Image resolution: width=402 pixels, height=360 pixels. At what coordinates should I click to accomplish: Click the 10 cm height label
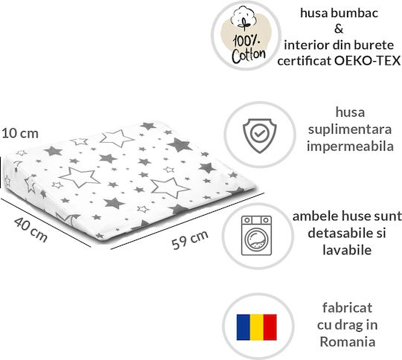20,133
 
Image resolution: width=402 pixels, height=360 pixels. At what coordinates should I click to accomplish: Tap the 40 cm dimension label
31,230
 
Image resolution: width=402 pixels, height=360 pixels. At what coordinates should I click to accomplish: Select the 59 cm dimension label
190,240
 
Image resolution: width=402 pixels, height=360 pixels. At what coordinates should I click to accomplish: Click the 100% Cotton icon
246,35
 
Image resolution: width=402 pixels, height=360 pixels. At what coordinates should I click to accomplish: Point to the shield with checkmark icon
260,135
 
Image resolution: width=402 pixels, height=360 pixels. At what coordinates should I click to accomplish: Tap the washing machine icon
256,235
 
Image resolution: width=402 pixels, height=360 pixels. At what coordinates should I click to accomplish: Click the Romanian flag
257,327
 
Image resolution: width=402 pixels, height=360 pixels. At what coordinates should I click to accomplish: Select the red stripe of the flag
270,327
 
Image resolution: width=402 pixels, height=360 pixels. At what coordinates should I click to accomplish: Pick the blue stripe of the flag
243,327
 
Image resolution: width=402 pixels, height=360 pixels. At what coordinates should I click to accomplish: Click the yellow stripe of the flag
257,327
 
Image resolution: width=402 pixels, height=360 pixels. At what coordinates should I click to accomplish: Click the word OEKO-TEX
368,61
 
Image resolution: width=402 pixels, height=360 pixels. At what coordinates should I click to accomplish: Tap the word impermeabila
350,147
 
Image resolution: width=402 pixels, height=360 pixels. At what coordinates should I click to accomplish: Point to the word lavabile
347,250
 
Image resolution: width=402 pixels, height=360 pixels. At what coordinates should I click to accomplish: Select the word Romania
348,342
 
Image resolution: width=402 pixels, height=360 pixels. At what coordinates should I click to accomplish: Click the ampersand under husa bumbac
339,29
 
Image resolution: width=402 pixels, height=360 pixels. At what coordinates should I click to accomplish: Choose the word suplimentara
350,129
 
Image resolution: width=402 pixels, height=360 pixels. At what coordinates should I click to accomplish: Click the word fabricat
347,307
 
